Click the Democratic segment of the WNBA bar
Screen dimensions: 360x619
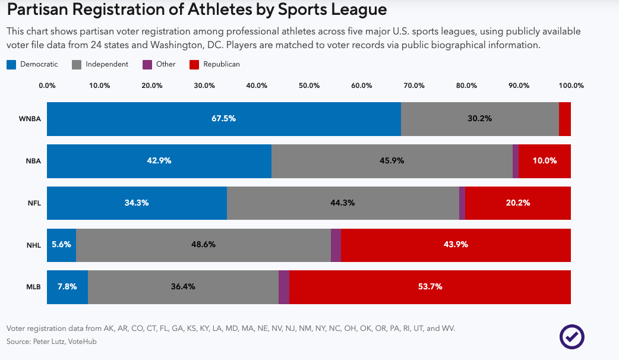[x=223, y=119]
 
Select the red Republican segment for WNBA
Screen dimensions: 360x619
[x=565, y=119]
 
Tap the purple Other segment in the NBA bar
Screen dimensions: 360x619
[x=516, y=161]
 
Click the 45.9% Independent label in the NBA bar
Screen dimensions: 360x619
[x=392, y=161]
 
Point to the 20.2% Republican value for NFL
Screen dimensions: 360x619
[x=518, y=203]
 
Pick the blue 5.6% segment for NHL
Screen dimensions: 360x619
[x=62, y=245]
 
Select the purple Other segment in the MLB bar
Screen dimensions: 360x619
[x=284, y=287]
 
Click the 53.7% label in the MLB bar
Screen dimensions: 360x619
[x=430, y=287]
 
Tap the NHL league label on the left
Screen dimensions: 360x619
[x=34, y=245]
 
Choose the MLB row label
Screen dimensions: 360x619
[x=34, y=288]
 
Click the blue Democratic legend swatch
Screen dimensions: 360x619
[x=11, y=64]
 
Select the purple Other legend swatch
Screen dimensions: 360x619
[x=148, y=64]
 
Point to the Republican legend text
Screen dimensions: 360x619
[x=222, y=64]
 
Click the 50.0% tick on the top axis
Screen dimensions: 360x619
[x=309, y=86]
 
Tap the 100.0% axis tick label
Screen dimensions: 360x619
[x=571, y=86]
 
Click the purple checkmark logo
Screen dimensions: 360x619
[x=571, y=337]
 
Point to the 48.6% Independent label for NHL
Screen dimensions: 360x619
[x=203, y=245]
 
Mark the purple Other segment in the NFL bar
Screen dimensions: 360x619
[x=462, y=203]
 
